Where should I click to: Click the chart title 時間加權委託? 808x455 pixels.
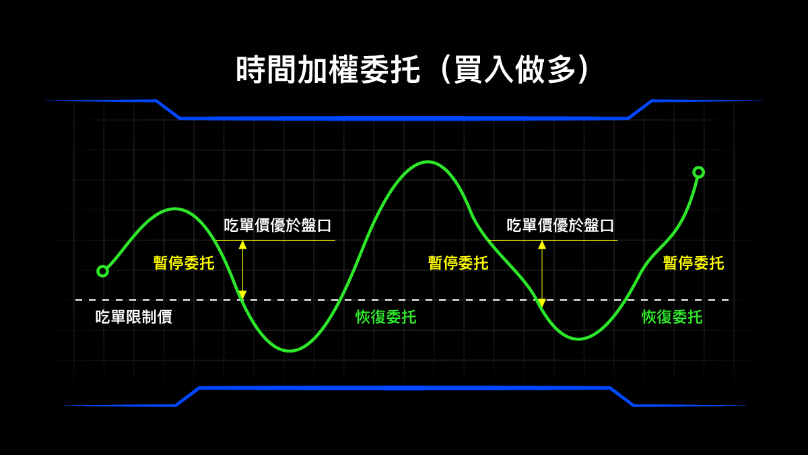point(328,69)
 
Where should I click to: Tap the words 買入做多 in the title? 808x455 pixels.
point(514,69)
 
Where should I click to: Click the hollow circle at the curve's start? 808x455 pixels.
point(103,271)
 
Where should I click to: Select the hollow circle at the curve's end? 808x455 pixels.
point(699,173)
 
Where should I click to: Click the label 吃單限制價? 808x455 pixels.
point(133,317)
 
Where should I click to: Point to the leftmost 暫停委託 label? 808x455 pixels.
point(184,263)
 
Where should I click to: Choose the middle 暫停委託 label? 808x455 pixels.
point(458,263)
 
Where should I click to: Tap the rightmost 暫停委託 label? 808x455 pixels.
point(694,263)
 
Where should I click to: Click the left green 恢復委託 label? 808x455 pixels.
point(386,317)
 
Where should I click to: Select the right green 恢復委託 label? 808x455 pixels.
point(672,317)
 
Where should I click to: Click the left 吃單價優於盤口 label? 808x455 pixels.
point(277,225)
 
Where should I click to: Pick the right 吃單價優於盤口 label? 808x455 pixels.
point(560,225)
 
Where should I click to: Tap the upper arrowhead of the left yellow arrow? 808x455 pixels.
point(243,245)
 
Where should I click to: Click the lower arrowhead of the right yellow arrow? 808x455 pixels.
point(542,303)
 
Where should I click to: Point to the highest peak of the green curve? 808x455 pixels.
point(428,162)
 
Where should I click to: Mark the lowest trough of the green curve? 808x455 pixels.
point(290,351)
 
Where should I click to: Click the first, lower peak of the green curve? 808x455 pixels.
point(175,209)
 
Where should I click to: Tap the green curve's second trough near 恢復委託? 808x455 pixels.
point(578,338)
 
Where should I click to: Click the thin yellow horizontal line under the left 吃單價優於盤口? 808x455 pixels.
point(275,240)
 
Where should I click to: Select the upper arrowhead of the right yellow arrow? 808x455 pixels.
point(542,245)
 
